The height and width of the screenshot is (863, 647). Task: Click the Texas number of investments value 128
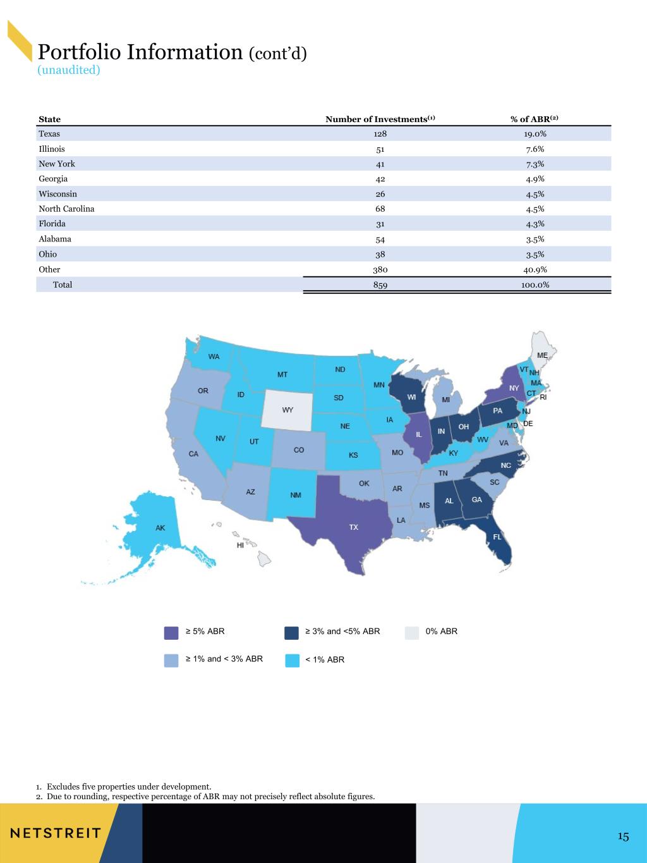[380, 133]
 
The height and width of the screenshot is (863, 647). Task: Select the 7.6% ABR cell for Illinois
[535, 149]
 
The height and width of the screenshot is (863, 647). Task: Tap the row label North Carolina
[66, 209]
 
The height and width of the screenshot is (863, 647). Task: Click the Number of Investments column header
[380, 119]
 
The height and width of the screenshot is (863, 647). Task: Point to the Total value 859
[380, 285]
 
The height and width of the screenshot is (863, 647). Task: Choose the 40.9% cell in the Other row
[535, 270]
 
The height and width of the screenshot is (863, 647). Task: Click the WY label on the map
[287, 410]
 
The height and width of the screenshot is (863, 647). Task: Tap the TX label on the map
[354, 527]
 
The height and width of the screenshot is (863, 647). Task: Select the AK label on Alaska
[160, 528]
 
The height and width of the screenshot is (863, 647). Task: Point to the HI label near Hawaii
[240, 545]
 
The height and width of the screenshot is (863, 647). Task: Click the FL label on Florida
[497, 537]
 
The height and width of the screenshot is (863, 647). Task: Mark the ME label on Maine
[542, 355]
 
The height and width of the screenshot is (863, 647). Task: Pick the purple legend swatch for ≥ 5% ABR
[171, 633]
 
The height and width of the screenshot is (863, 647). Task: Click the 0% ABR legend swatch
[412, 633]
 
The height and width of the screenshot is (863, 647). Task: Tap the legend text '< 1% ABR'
[325, 659]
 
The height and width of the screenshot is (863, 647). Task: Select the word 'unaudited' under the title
[69, 70]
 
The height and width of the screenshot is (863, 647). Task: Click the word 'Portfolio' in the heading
[80, 52]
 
